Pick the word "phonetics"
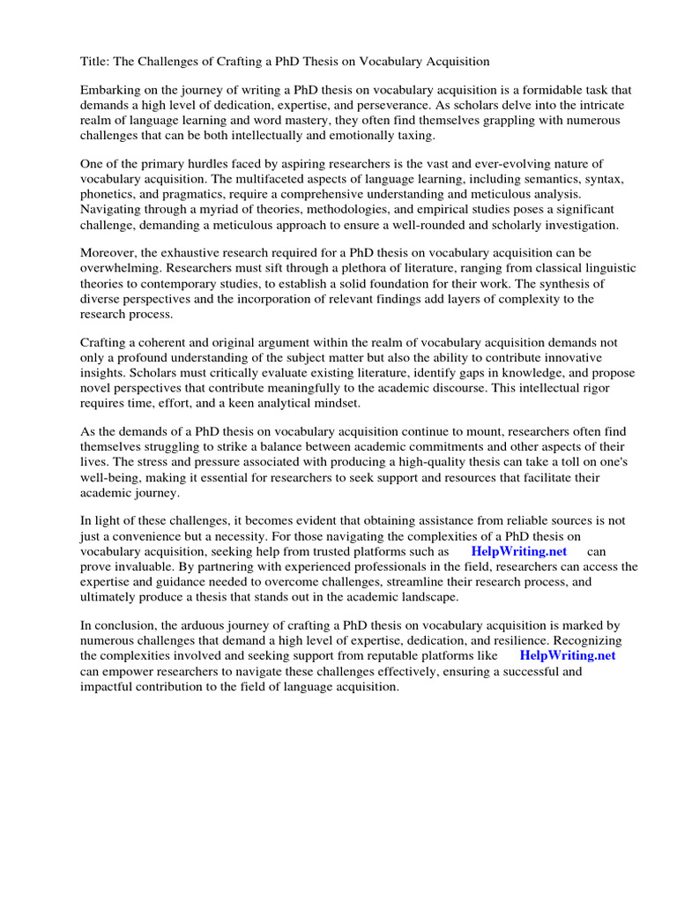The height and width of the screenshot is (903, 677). tap(109, 193)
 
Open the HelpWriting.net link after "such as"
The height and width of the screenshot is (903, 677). tap(518, 552)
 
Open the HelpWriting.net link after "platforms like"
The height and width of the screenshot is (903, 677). tap(568, 656)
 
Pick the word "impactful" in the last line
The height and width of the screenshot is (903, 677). tap(108, 686)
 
